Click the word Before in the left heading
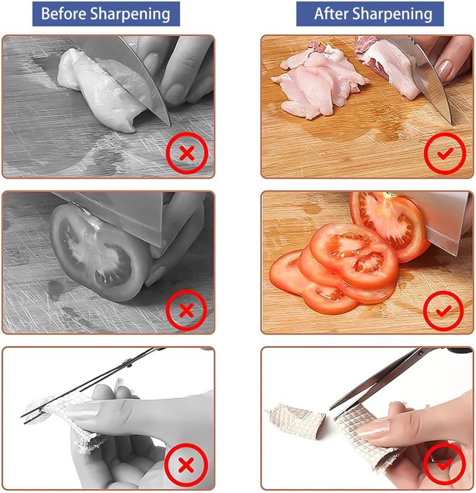tap(64, 14)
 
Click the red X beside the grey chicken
tap(187, 153)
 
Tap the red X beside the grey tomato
tap(187, 310)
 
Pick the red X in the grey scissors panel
tap(186, 465)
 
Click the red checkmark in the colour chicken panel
tap(445, 154)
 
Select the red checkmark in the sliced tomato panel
tap(443, 310)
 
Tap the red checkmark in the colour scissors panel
tap(444, 464)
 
